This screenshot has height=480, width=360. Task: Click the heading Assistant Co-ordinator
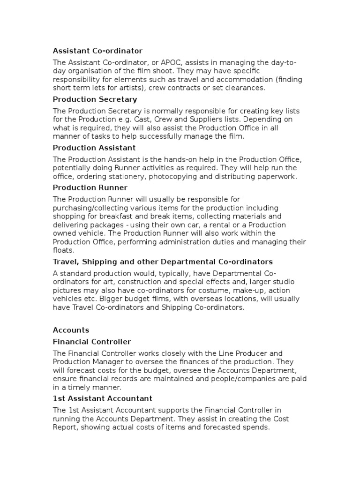pyautogui.click(x=97, y=51)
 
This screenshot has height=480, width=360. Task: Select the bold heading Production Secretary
pyautogui.click(x=95, y=99)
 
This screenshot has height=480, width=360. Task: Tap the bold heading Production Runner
pyautogui.click(x=90, y=187)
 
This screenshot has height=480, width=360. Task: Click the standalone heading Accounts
pyautogui.click(x=71, y=330)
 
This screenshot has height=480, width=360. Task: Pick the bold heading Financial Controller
pyautogui.click(x=92, y=342)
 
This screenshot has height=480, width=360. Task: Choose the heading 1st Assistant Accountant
pyautogui.click(x=103, y=398)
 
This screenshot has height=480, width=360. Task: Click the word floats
pyautogui.click(x=63, y=250)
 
